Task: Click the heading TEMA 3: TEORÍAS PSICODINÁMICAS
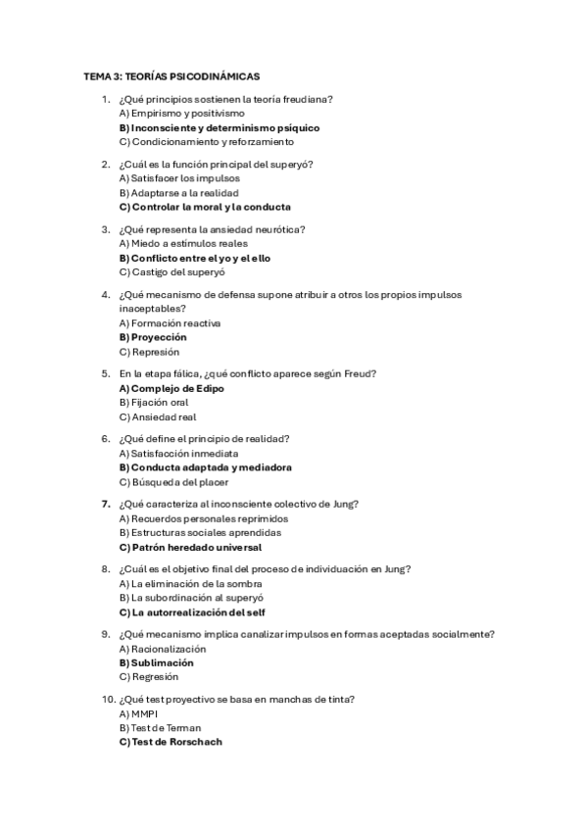click(171, 75)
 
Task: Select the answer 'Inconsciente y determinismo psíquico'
click(219, 127)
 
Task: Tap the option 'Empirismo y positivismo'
click(168, 114)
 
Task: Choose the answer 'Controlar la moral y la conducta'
click(204, 207)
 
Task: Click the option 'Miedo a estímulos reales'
click(170, 243)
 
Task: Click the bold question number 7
click(106, 504)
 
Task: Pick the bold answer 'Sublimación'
click(156, 662)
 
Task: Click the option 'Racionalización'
click(163, 649)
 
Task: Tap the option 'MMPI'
click(138, 713)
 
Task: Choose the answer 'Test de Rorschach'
click(171, 742)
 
